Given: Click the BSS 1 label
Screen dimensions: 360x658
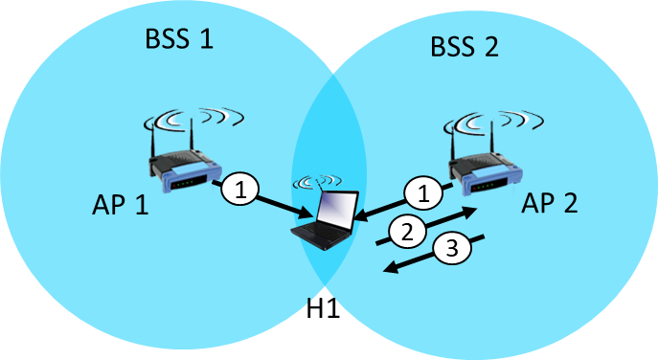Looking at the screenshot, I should pyautogui.click(x=178, y=39).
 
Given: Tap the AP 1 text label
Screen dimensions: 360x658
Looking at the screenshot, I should pyautogui.click(x=121, y=204).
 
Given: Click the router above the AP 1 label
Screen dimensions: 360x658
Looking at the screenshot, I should pyautogui.click(x=187, y=164).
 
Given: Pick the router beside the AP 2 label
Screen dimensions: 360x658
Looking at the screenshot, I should pyautogui.click(x=489, y=166).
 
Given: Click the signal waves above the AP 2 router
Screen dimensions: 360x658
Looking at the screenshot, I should pyautogui.click(x=492, y=124).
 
